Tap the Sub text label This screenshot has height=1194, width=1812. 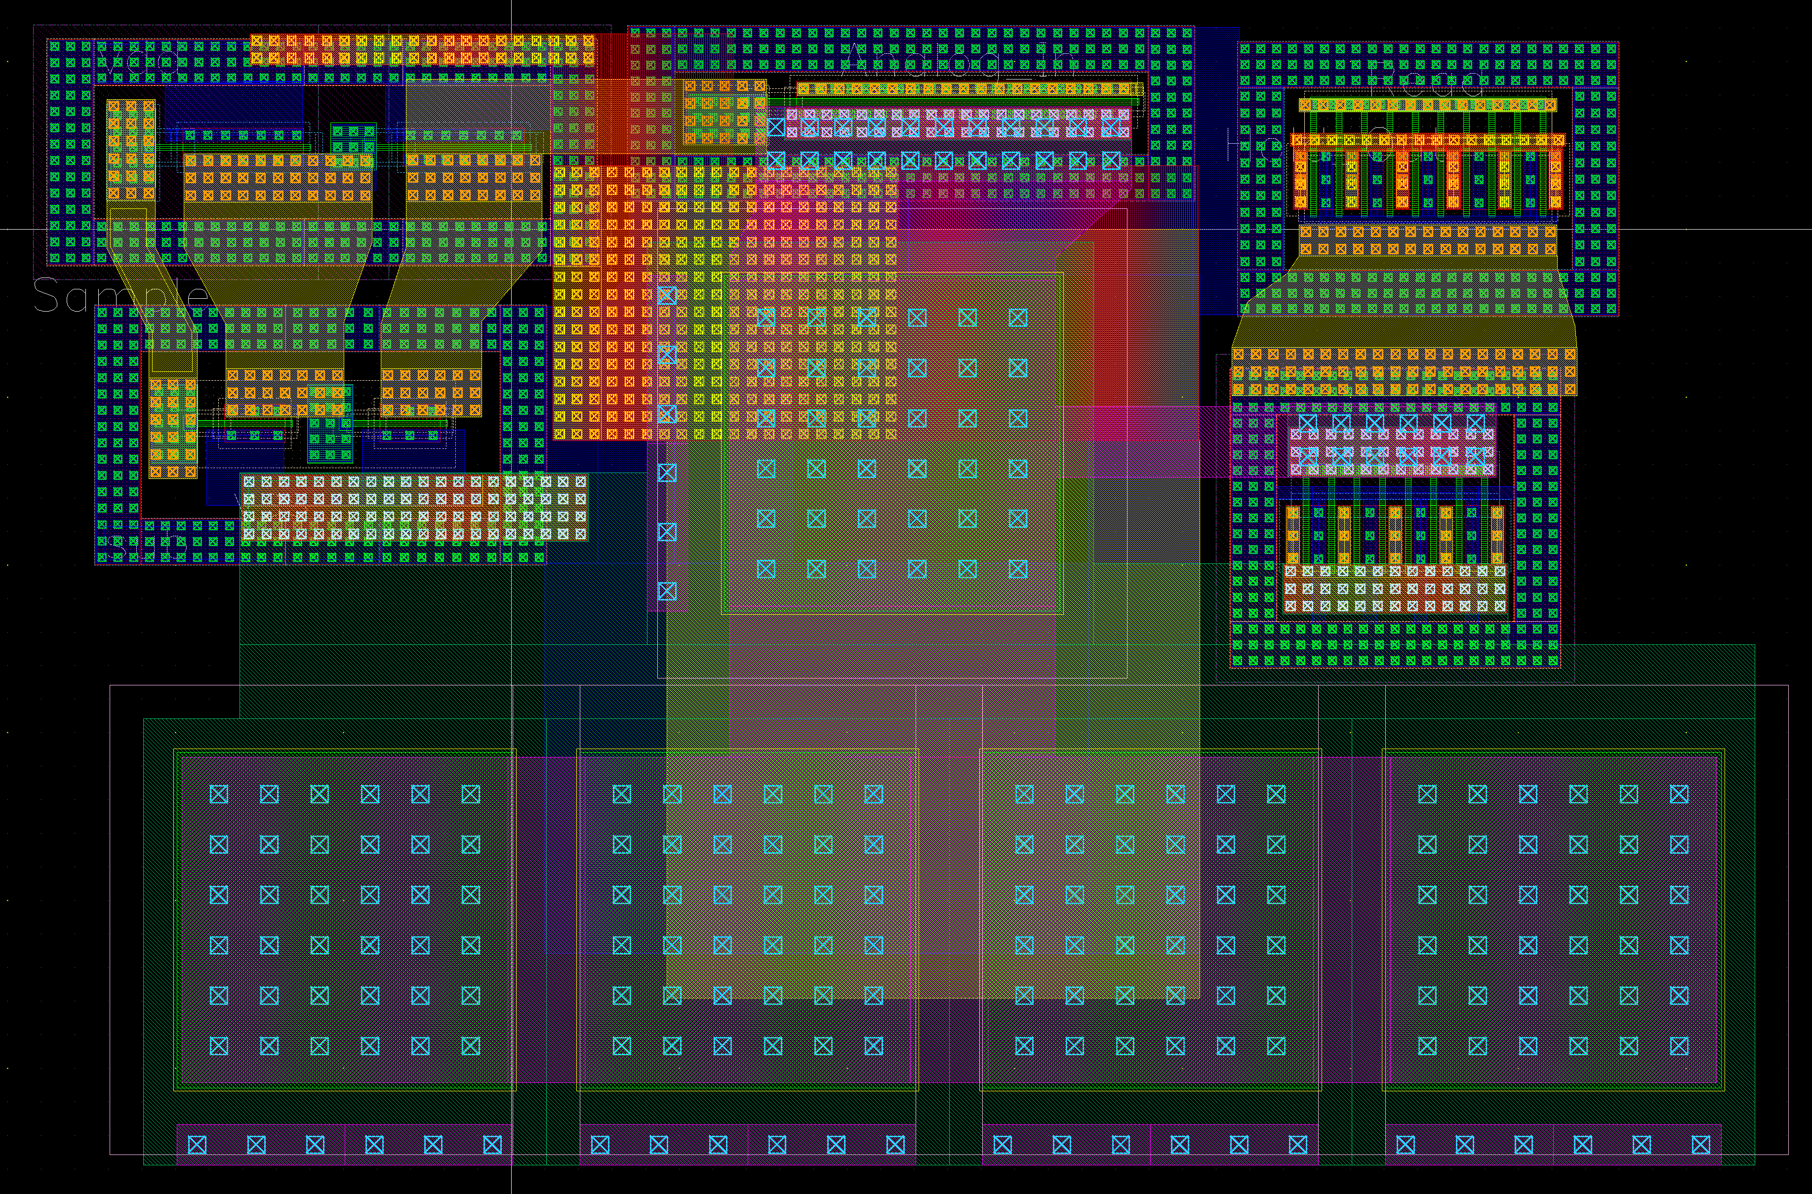coord(149,546)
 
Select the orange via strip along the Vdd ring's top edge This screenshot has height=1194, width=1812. coord(423,49)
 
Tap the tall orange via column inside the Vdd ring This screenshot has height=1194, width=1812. coord(131,151)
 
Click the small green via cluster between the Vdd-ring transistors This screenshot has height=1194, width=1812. coord(354,141)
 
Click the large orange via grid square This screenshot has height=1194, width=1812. coord(724,303)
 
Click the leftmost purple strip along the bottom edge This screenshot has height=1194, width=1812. coord(344,1145)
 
